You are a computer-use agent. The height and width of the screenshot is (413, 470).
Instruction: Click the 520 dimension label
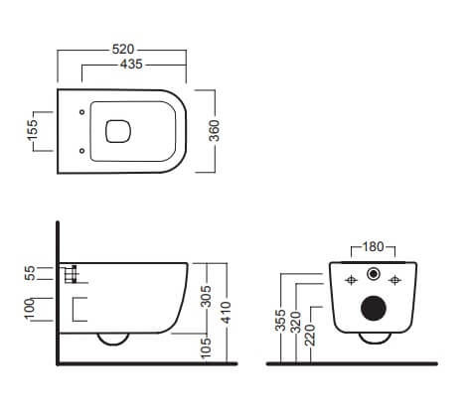123,50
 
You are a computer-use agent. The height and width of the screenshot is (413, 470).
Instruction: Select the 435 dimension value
131,65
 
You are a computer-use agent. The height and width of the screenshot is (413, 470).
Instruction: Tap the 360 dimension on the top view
215,131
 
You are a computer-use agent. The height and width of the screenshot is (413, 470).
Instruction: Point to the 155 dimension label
33,131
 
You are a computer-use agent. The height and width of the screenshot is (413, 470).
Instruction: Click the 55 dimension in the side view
30,273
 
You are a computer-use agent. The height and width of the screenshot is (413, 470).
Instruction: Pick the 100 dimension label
30,309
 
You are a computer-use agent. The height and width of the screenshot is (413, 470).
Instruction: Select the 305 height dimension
207,296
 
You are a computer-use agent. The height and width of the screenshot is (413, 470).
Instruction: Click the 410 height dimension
227,313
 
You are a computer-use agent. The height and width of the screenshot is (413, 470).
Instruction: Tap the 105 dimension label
207,347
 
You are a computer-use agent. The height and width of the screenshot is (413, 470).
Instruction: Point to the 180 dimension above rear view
373,246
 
